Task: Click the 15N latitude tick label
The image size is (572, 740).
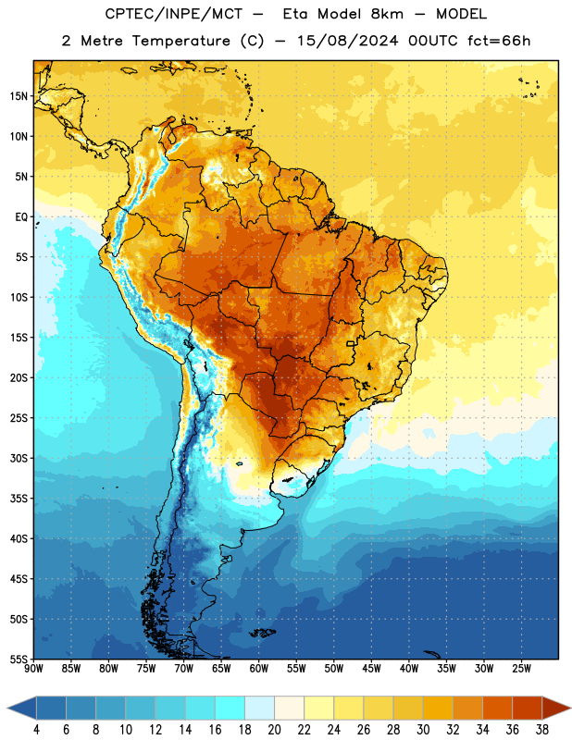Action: click(19, 96)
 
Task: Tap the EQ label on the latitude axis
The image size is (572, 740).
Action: click(21, 217)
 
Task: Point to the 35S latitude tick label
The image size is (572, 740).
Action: click(19, 499)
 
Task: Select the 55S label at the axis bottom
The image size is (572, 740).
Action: click(19, 659)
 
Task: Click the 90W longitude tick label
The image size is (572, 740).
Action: click(34, 669)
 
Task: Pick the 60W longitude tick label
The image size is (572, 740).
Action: click(259, 669)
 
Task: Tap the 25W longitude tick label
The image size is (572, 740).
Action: click(521, 669)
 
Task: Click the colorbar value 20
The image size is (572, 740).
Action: click(274, 730)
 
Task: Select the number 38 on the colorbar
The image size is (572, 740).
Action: click(542, 730)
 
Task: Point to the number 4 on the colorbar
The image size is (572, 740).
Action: click(36, 730)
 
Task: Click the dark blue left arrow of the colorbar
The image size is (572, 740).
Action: click(22, 708)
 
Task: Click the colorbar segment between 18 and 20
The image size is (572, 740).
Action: click(259, 708)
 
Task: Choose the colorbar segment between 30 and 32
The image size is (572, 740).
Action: click(438, 708)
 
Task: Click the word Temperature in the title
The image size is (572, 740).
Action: click(180, 41)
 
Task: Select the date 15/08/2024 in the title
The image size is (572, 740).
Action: click(348, 41)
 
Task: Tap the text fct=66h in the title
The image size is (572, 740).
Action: click(499, 41)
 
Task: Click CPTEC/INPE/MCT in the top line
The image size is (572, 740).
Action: click(174, 14)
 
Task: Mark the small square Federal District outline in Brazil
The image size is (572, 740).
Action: click(351, 344)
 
